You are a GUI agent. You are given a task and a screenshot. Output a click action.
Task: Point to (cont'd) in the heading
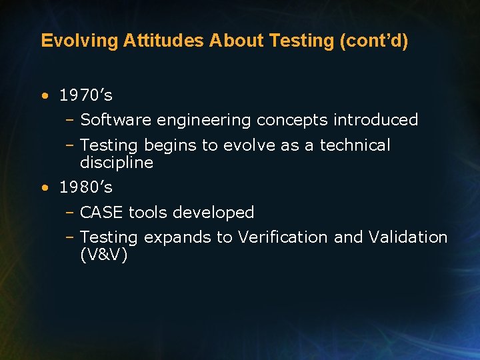pos(374,41)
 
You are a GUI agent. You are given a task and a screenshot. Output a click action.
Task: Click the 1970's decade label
pos(86,95)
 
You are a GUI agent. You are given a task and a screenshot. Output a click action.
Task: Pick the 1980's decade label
pos(86,187)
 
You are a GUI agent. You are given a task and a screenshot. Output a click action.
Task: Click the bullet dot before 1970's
pos(44,96)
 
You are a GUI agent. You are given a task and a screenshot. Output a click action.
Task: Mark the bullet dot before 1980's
pos(44,188)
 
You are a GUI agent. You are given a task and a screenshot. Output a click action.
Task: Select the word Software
pos(116,120)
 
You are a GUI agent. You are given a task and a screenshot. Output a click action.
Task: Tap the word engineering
pos(204,121)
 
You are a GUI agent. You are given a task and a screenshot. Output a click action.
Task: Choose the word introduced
pos(375,120)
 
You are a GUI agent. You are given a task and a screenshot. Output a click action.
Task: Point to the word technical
pos(355,145)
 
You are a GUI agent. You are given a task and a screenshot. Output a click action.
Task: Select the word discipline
pos(117,163)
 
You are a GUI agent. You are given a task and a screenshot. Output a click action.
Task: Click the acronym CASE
pos(102,213)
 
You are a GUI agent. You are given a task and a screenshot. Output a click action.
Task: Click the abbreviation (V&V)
pos(103,255)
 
